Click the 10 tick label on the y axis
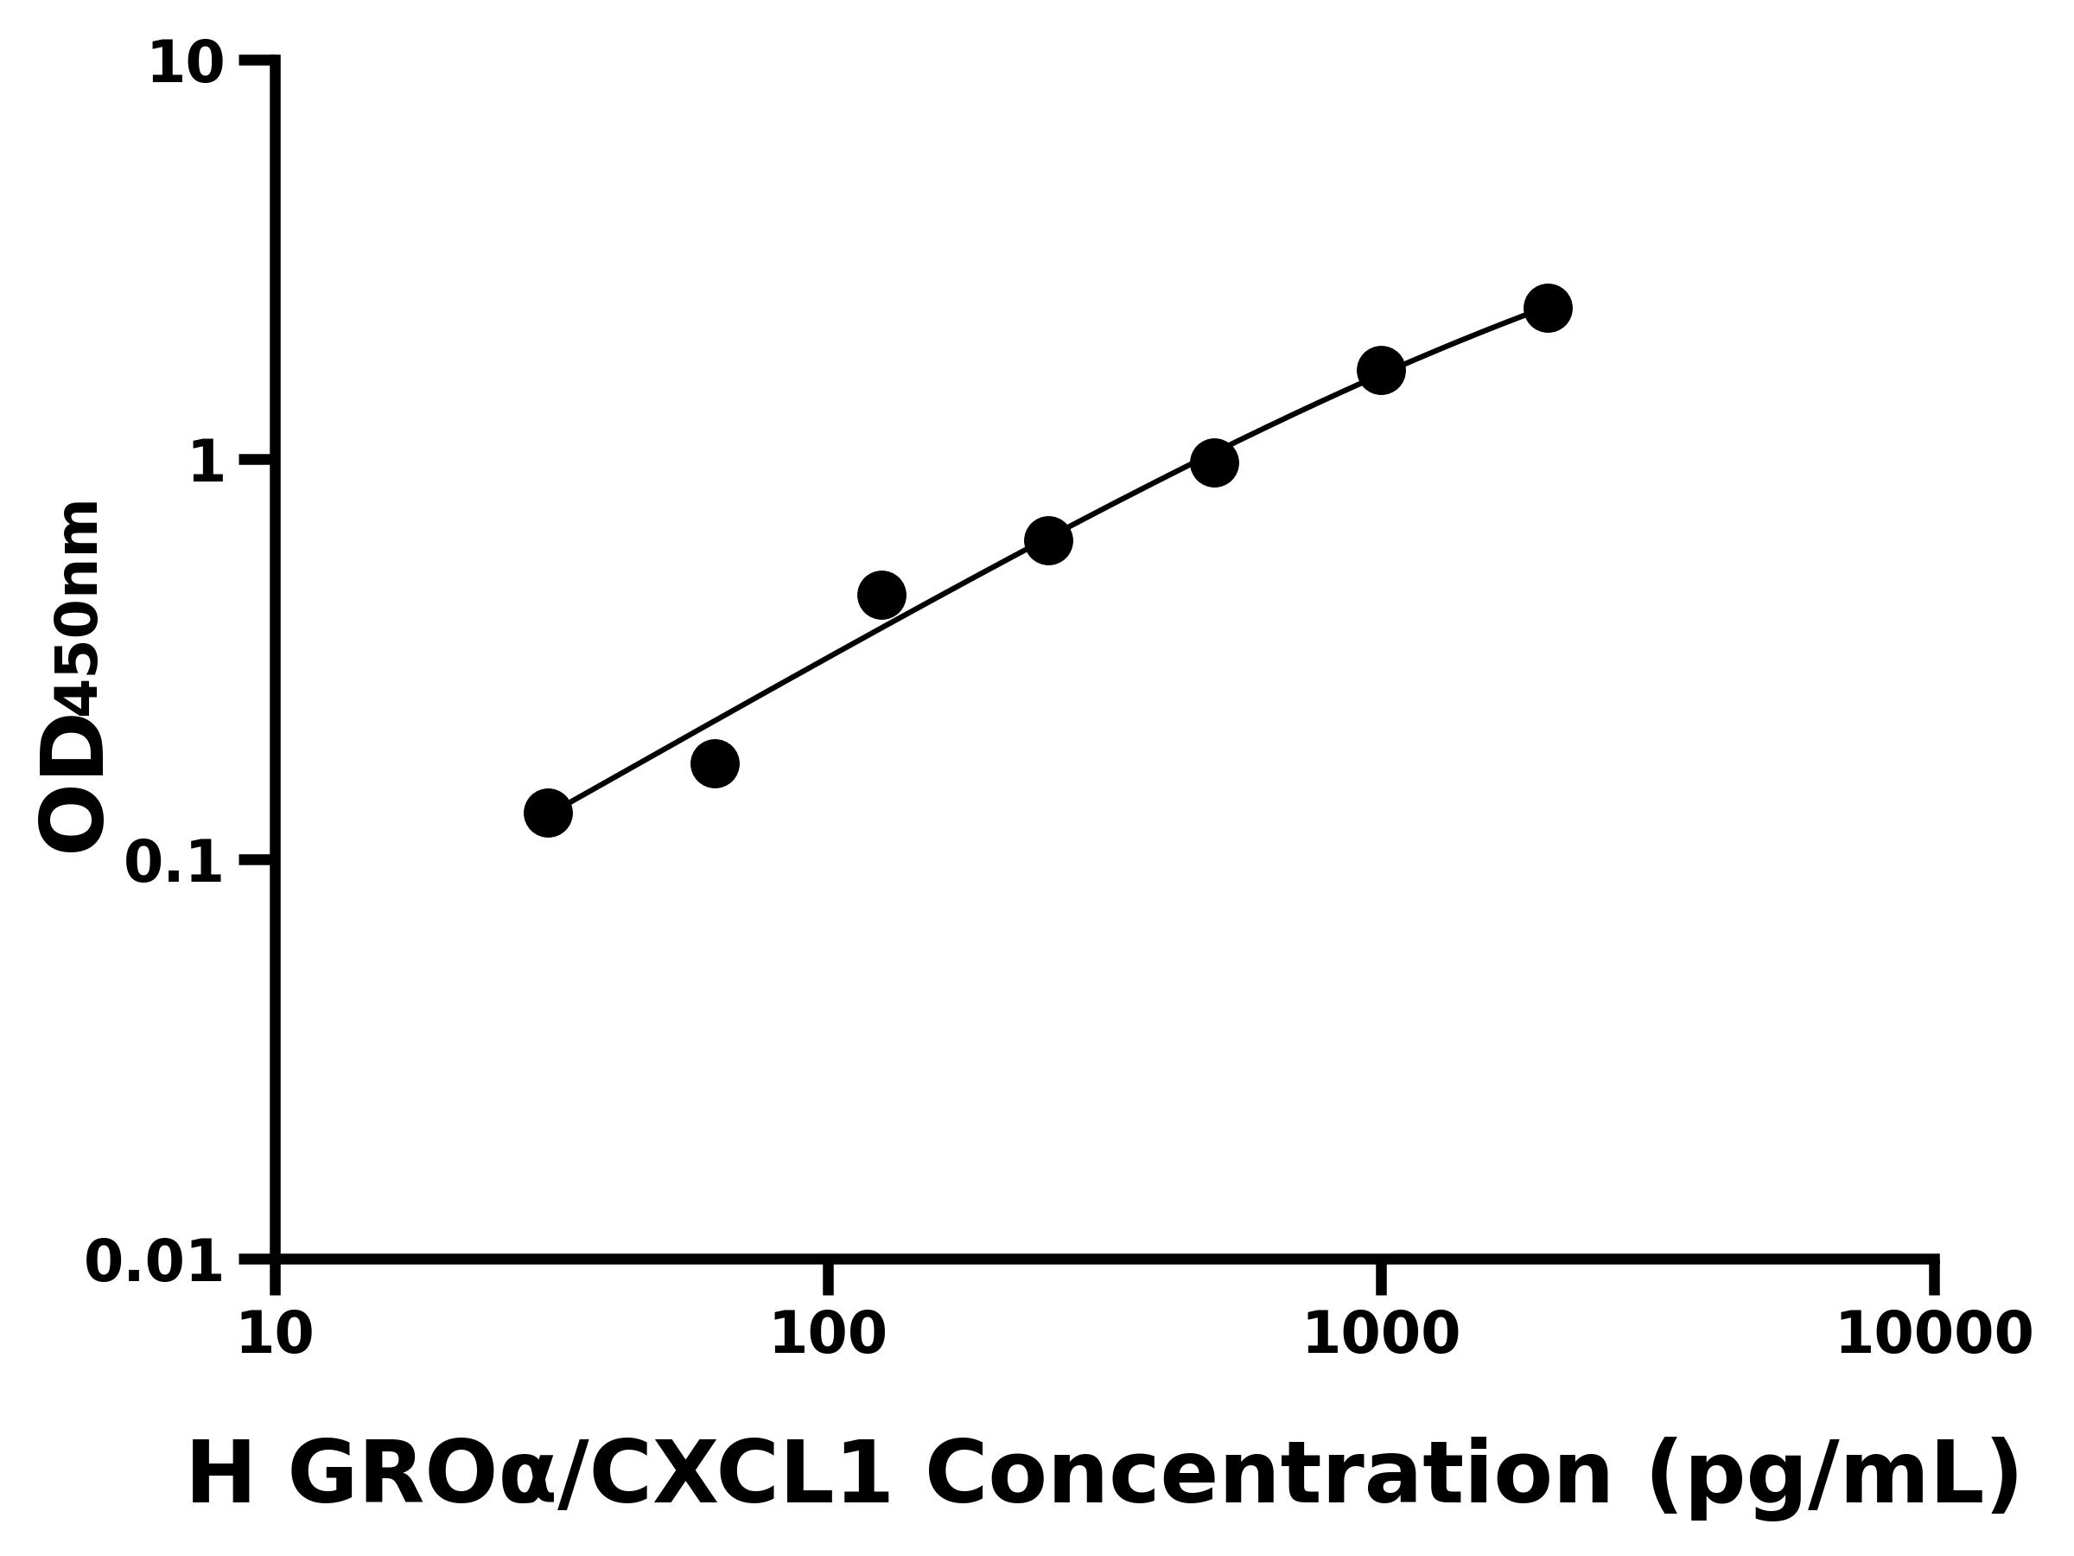(x=187, y=66)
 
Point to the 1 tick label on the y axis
(x=207, y=463)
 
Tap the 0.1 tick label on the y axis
(x=175, y=863)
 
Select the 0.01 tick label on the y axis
(x=155, y=1262)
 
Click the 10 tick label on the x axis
(x=275, y=1335)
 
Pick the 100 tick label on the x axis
(x=828, y=1335)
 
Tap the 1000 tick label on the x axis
(x=1381, y=1335)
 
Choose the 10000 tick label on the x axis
(x=1934, y=1335)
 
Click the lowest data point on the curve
(x=548, y=813)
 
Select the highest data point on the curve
(x=1548, y=308)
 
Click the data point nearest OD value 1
(x=1214, y=462)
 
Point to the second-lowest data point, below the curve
(x=715, y=763)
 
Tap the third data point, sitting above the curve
(x=881, y=595)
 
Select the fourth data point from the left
(x=1048, y=540)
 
